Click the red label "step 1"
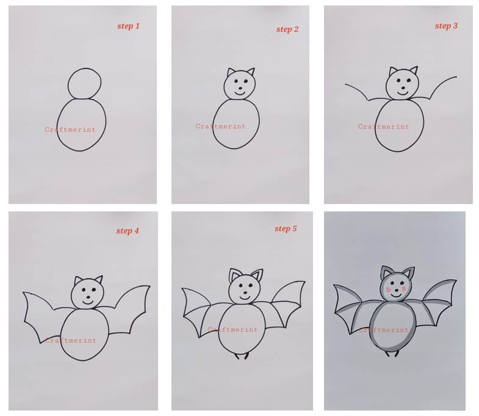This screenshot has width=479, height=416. tap(128, 26)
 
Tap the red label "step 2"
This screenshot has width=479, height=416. tap(287, 29)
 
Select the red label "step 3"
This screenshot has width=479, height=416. tap(446, 26)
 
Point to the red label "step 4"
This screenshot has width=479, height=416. tap(128, 231)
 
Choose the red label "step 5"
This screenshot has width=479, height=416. tap(286, 228)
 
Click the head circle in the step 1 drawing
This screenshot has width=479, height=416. tap(68, 84)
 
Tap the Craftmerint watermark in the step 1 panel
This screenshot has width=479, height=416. tap(70, 130)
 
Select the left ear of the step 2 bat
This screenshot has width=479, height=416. tap(231, 72)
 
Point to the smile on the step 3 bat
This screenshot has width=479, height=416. tap(403, 92)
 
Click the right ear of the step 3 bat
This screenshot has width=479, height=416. tap(414, 70)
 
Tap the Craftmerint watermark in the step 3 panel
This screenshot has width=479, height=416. tap(384, 126)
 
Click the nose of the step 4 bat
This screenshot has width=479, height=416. tap(88, 297)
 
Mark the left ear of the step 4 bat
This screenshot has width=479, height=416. tap(78, 280)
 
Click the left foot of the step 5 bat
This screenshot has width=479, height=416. tap(237, 356)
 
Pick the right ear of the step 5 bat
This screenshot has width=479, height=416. tap(258, 275)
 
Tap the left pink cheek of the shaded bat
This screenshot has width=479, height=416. tap(389, 290)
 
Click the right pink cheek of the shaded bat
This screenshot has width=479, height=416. tap(404, 288)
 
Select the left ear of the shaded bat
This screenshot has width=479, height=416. tap(386, 272)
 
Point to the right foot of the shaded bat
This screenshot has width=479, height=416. tap(397, 354)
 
